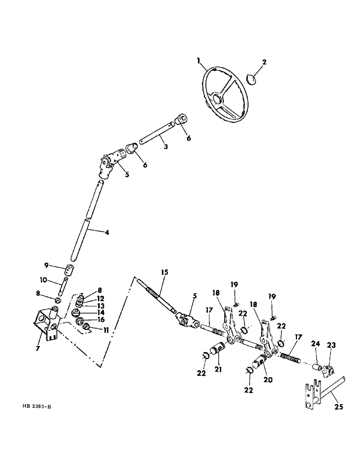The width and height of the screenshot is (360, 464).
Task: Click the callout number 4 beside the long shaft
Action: tap(107, 232)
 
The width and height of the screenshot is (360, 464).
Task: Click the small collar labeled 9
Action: tap(69, 270)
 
